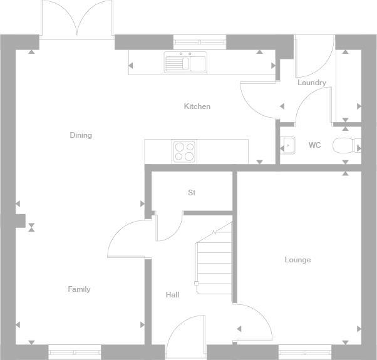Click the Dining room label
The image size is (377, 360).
point(81,135)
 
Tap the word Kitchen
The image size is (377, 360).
point(197,106)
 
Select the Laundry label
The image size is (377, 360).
point(311,83)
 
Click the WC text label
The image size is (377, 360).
point(314,145)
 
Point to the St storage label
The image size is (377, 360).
point(192,193)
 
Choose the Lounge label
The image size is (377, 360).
point(297,260)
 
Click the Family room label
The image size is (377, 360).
point(79,289)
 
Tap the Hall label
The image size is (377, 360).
point(172,294)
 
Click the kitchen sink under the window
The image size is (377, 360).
point(186,63)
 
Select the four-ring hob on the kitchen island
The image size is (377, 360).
point(184,151)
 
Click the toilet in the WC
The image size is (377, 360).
point(345,146)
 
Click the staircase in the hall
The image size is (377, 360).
point(214,260)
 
